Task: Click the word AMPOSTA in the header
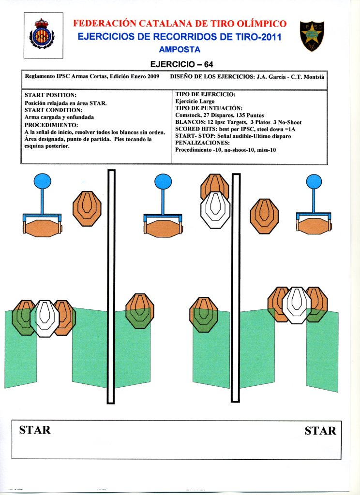tap(180, 49)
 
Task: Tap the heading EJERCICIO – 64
tap(182, 64)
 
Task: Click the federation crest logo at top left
tap(43, 35)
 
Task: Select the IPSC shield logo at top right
tap(312, 35)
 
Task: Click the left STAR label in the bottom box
tap(35, 430)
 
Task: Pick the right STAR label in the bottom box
tap(320, 430)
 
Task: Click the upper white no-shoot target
tap(215, 210)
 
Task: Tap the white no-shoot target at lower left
tap(45, 319)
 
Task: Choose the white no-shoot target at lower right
tap(297, 305)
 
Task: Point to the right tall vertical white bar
tap(236, 288)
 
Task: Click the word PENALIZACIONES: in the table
tap(202, 143)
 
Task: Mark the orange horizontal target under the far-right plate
tap(313, 226)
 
